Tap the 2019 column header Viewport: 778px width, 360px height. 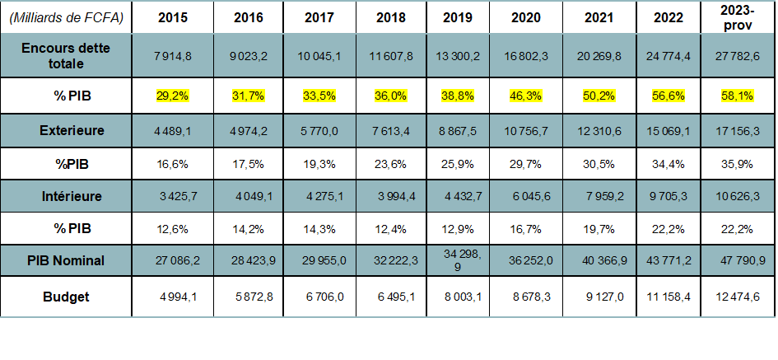click(456, 17)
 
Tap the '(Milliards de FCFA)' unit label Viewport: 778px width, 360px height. click(69, 17)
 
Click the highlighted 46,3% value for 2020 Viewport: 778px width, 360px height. click(526, 96)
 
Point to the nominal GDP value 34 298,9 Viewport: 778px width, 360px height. click(456, 260)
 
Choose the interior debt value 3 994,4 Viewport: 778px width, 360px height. click(384, 197)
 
